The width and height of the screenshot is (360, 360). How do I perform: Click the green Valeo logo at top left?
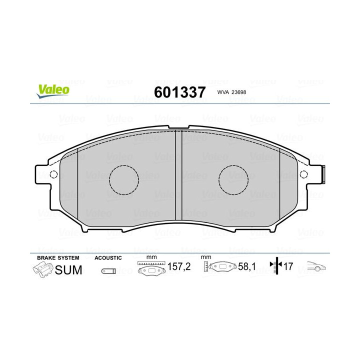click(52, 90)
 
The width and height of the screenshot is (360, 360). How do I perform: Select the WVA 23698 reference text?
click(232, 92)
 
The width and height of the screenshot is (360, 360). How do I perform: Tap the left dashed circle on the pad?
click(124, 179)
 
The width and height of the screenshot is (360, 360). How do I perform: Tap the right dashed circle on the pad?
click(234, 178)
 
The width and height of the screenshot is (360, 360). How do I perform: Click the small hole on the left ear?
click(55, 175)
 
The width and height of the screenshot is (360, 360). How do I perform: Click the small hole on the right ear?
click(303, 174)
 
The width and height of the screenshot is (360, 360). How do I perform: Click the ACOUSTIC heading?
click(108, 257)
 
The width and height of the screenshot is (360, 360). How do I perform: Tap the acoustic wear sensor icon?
click(108, 271)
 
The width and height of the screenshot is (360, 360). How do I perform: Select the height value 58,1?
click(246, 267)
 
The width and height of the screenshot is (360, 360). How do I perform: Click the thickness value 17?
click(288, 267)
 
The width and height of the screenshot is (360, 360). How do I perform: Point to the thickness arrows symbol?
click(275, 267)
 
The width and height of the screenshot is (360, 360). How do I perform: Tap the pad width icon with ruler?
click(150, 267)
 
